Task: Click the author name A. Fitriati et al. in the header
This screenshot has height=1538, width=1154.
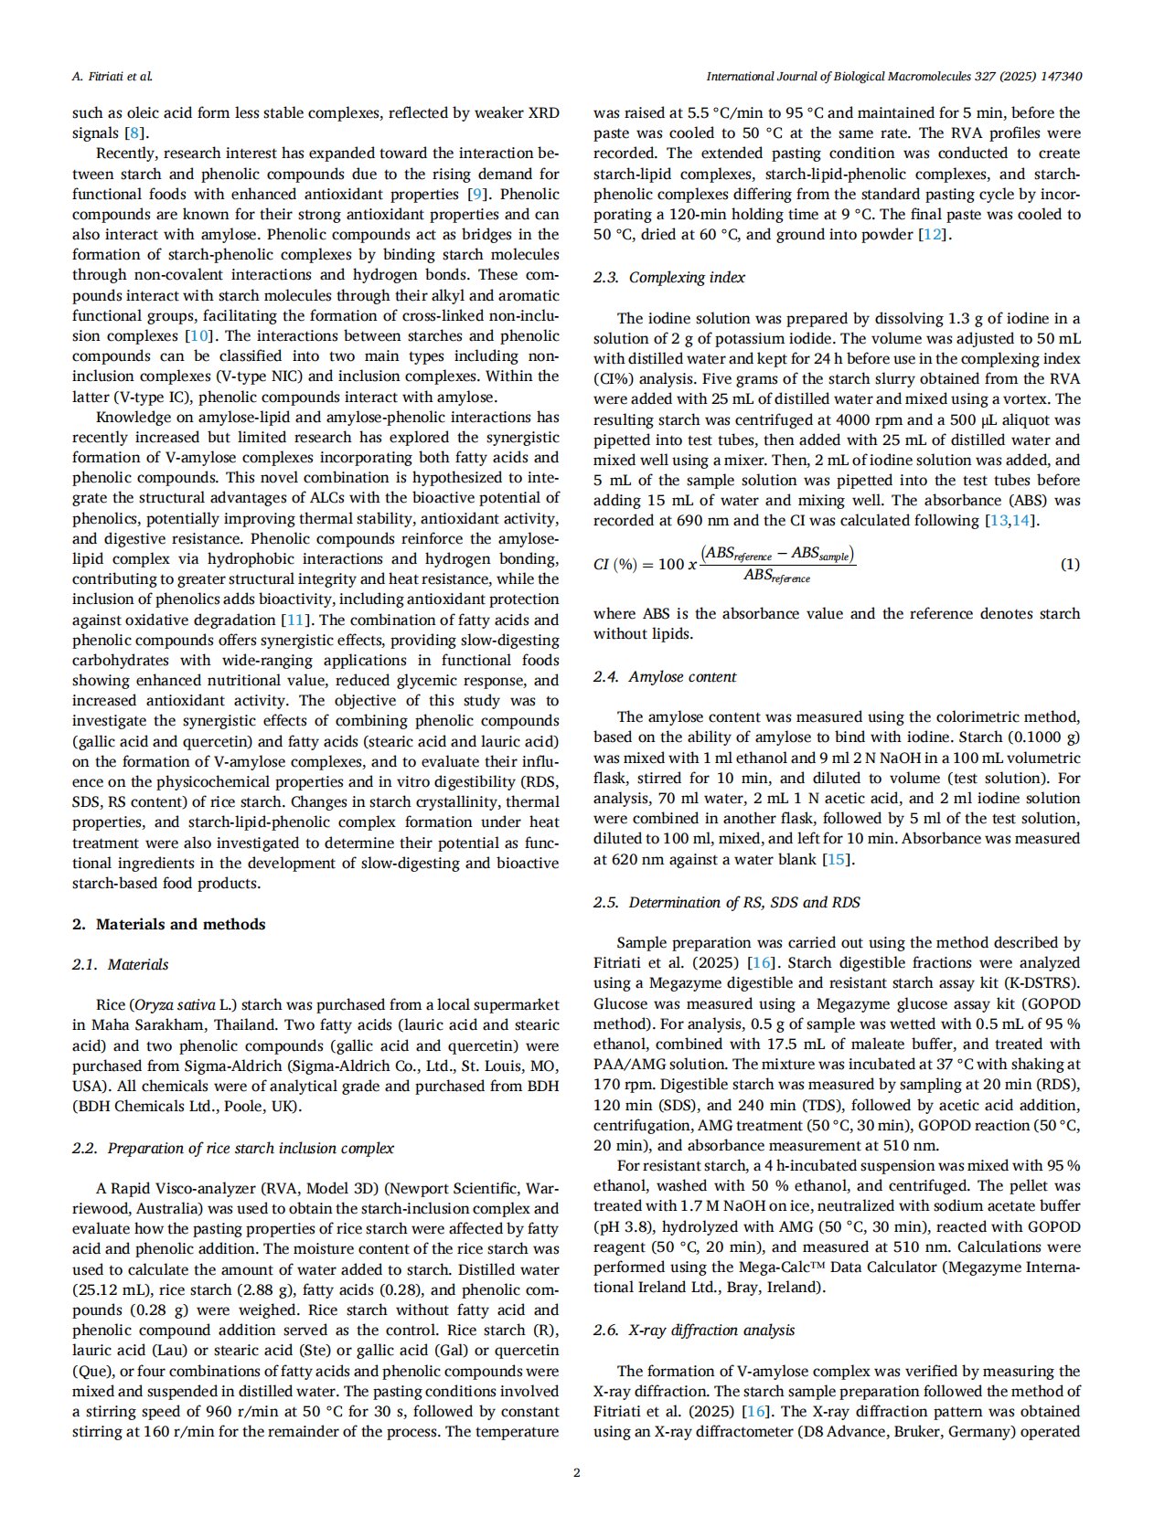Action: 112,77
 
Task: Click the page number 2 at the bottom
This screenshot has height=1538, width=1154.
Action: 576,1472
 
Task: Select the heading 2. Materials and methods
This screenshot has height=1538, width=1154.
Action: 169,924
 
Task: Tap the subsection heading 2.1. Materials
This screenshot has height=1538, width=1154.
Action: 120,964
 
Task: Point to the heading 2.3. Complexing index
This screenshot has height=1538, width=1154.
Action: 668,277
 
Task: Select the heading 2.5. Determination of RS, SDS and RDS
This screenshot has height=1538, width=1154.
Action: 726,902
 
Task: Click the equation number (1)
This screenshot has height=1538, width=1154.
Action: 1069,564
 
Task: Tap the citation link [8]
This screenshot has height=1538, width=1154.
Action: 132,133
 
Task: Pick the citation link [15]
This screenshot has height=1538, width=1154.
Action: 836,859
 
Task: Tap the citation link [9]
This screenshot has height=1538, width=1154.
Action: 475,194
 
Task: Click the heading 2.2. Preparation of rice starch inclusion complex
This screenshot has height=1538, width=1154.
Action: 233,1148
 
